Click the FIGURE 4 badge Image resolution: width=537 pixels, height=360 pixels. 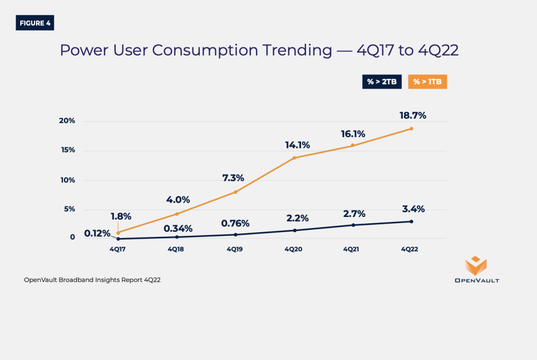click(x=35, y=23)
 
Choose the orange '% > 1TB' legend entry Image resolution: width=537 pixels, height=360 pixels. click(x=427, y=82)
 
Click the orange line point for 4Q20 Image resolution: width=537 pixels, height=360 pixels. click(x=294, y=158)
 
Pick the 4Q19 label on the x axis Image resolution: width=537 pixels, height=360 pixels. click(x=234, y=249)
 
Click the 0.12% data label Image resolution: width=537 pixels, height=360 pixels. click(x=97, y=233)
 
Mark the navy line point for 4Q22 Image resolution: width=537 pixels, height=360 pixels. click(x=411, y=222)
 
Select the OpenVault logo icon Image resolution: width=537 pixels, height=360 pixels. click(x=476, y=265)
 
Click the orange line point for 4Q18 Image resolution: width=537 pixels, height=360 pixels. click(x=177, y=214)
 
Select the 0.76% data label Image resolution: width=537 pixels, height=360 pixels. click(x=235, y=223)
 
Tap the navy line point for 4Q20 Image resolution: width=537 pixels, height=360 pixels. click(x=294, y=231)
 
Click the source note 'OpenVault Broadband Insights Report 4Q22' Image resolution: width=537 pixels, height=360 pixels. click(x=92, y=280)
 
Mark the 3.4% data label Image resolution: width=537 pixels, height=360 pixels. click(x=413, y=209)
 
